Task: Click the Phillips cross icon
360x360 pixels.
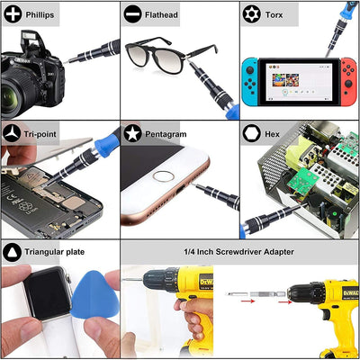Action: point(13,14)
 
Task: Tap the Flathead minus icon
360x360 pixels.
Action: point(132,14)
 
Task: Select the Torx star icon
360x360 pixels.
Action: point(251,14)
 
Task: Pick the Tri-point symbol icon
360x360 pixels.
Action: point(12,134)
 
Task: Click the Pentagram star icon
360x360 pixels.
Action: point(132,133)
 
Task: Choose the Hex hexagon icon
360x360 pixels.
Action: point(251,133)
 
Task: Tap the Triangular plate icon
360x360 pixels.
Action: point(12,252)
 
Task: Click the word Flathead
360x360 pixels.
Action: point(161,14)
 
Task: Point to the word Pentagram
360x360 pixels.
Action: point(166,134)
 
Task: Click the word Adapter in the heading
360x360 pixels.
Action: point(279,252)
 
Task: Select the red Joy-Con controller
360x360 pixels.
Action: point(348,82)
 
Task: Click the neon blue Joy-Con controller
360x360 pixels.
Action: point(250,82)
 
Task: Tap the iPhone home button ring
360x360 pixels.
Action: point(164,176)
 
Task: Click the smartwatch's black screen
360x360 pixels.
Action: point(48,294)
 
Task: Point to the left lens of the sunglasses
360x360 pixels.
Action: point(139,58)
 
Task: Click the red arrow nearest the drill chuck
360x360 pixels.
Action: point(285,301)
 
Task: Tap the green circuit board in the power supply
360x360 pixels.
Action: point(302,181)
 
